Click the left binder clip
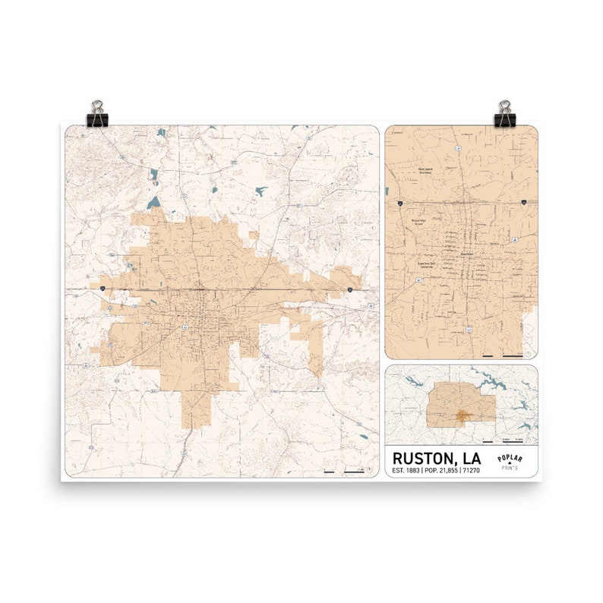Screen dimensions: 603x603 (98, 113)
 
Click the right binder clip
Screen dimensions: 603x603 (504, 113)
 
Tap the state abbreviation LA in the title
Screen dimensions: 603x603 (472, 458)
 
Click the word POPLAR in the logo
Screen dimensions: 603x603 (510, 458)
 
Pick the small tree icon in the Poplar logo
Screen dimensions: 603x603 (510, 464)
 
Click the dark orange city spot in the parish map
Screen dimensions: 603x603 (460, 415)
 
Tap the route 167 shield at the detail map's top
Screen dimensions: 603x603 (459, 147)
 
